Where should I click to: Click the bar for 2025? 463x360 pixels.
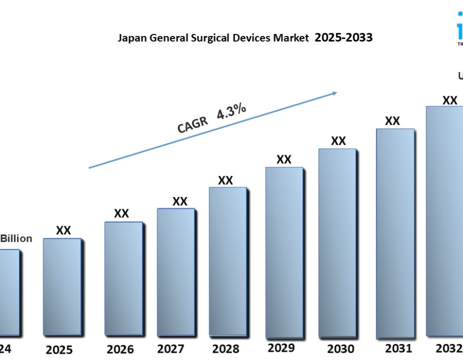point(62,286)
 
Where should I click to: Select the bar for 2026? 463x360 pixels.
point(123,278)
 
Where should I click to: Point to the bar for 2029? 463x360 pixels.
point(284,252)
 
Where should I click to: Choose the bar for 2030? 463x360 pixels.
point(337,243)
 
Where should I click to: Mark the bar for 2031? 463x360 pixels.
point(395,233)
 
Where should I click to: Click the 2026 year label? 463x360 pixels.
point(120,349)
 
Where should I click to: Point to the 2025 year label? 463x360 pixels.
point(59,350)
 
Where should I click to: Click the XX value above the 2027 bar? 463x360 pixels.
point(180,202)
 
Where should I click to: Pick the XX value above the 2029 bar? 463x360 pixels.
point(284,159)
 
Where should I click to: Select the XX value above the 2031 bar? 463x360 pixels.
point(393,121)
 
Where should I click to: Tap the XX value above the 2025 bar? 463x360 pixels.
point(63,230)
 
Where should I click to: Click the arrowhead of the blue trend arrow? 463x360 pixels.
point(334,93)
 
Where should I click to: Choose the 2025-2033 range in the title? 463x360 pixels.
point(344,38)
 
